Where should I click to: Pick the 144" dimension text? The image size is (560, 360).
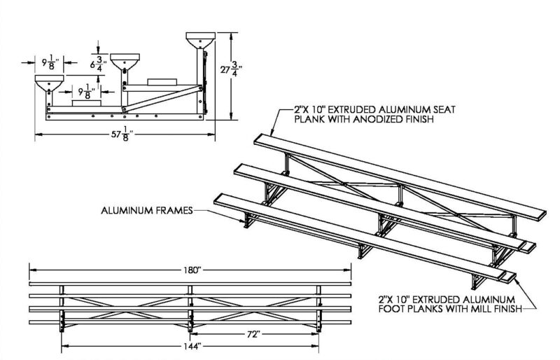coord(190,345)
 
